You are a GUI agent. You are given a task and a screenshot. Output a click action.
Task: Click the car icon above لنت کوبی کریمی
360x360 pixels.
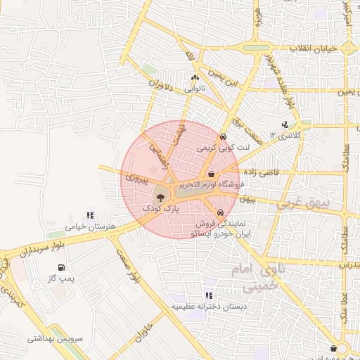223,137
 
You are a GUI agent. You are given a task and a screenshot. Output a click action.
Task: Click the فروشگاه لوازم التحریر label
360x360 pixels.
210,185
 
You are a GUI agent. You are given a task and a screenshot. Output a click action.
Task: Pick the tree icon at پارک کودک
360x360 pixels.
160,198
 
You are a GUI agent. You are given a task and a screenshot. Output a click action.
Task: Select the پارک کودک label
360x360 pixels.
161,209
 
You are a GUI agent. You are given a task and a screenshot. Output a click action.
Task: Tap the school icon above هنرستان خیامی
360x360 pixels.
89,216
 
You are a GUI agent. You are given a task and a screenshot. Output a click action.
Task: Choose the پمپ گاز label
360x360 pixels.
61,279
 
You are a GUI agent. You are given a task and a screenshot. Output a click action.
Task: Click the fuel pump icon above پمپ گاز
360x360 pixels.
62,268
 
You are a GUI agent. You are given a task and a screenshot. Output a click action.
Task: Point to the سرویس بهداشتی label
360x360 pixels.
56,338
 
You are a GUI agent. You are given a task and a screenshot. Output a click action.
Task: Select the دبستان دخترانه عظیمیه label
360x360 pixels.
208,307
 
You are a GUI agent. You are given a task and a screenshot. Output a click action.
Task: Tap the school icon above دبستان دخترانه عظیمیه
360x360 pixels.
208,296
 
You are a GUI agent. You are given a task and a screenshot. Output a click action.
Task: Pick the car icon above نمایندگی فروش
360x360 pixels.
221,212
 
